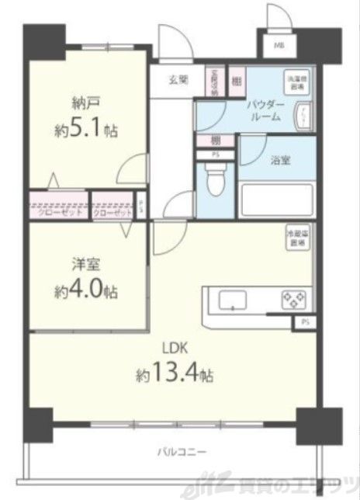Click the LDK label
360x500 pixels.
click(x=172, y=348)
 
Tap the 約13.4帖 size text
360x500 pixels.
click(x=174, y=374)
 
